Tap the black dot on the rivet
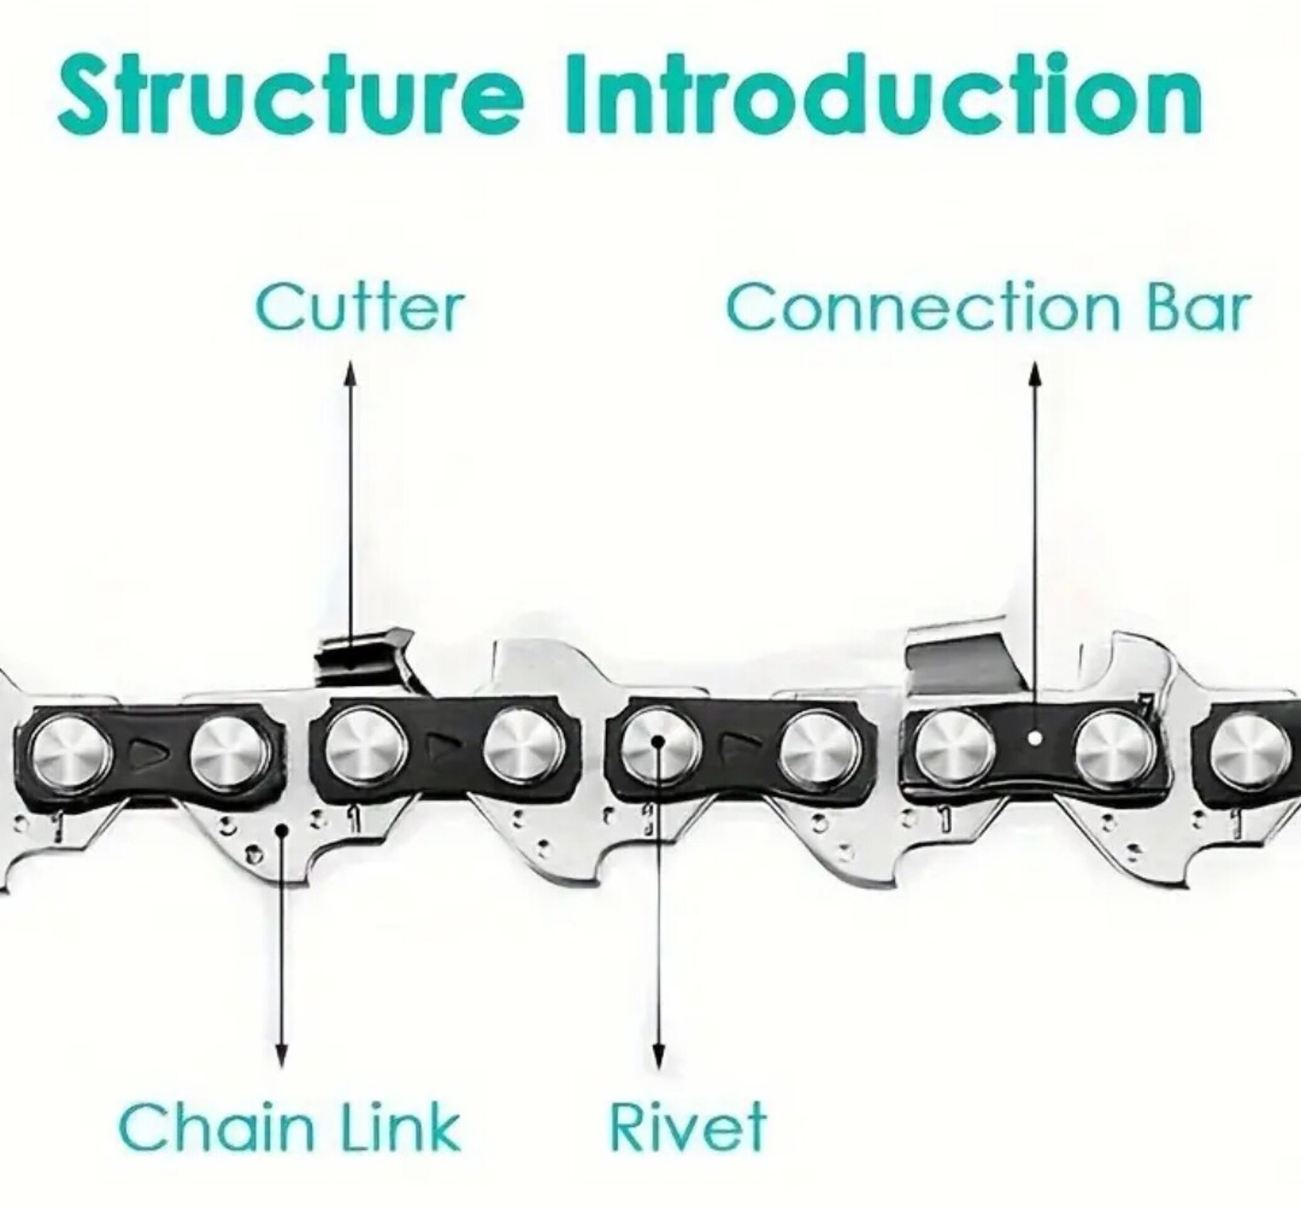(658, 741)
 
